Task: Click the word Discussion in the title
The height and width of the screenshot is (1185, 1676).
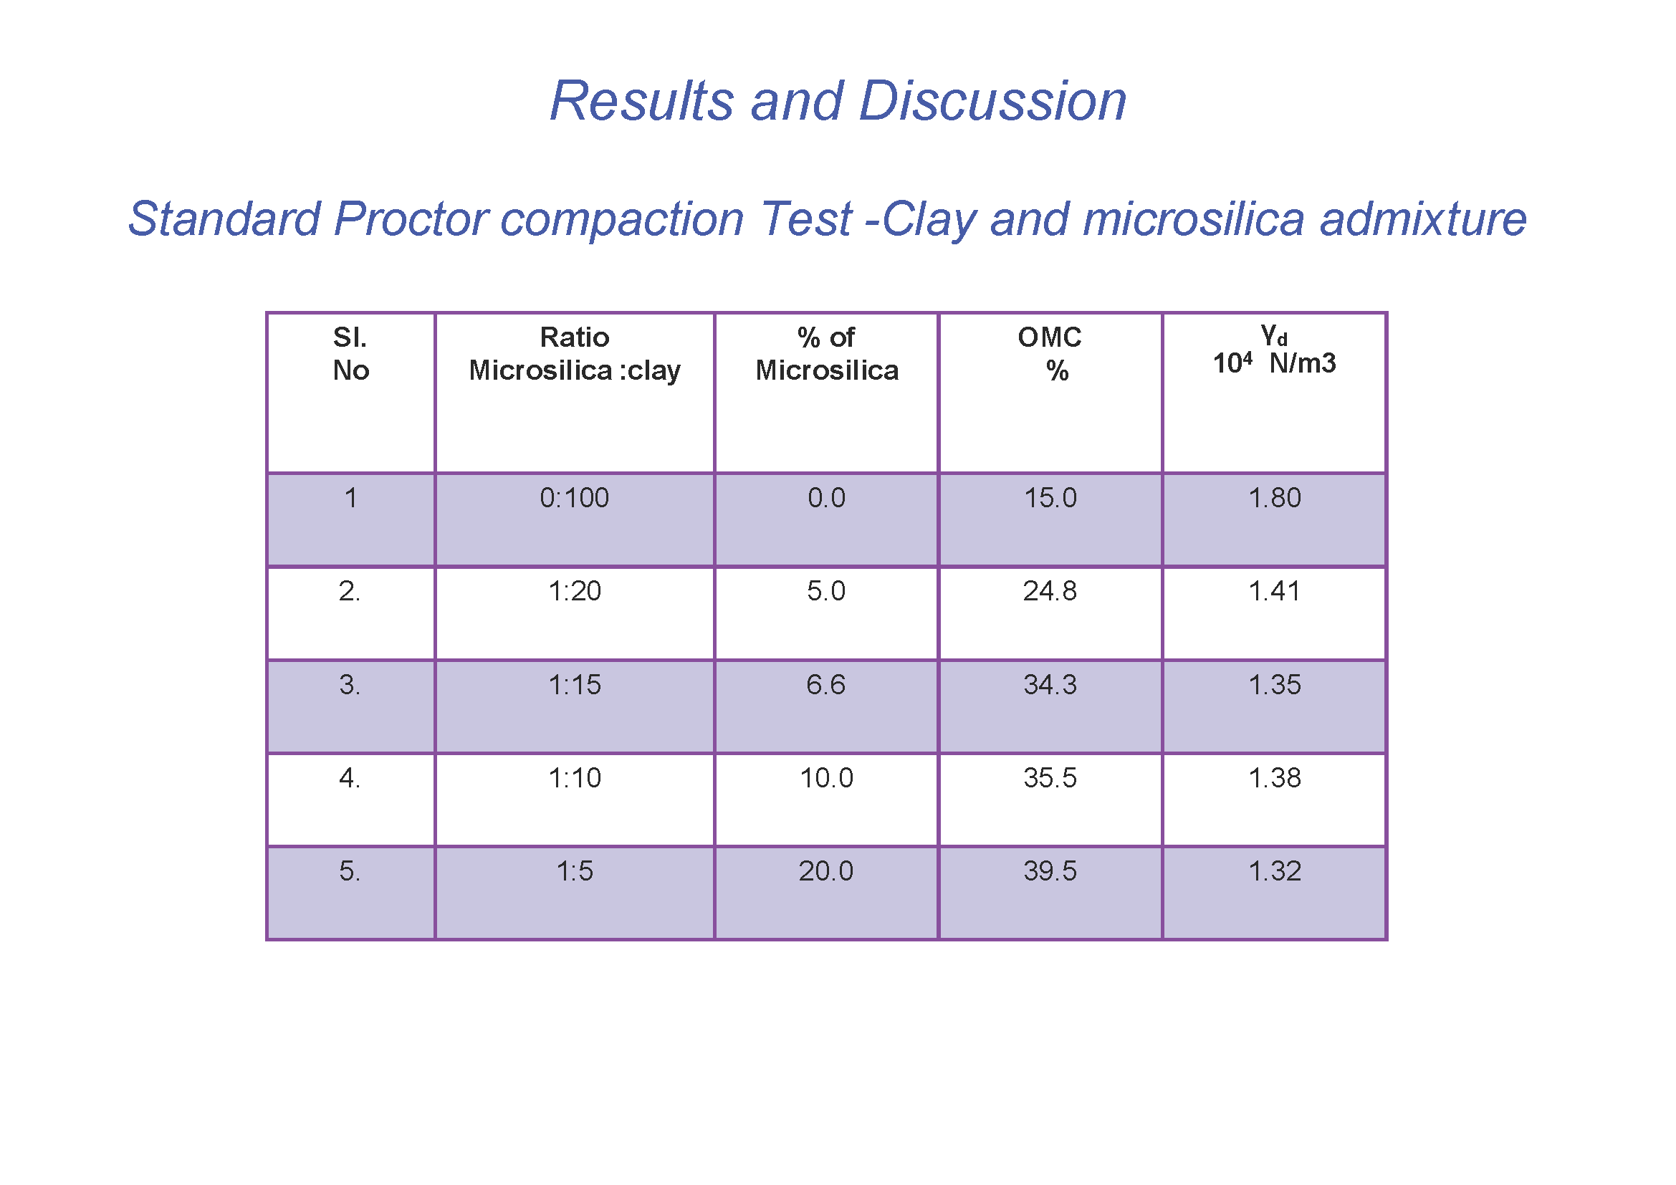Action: (x=992, y=101)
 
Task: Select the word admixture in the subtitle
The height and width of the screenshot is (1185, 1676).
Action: (x=1424, y=219)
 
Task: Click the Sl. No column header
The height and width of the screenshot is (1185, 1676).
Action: (x=350, y=354)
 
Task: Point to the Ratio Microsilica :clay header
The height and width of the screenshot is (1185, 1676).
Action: (x=575, y=354)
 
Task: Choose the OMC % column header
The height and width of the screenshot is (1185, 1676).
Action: (x=1050, y=354)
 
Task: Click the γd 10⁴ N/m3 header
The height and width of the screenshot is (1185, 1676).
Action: (x=1275, y=350)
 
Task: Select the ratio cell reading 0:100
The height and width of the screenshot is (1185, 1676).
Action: (x=575, y=498)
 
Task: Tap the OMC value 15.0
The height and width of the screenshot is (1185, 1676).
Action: (x=1050, y=498)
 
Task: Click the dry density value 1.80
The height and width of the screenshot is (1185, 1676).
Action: (x=1275, y=498)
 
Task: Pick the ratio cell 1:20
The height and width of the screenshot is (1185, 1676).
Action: (x=575, y=591)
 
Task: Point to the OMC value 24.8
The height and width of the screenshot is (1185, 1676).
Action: (x=1050, y=591)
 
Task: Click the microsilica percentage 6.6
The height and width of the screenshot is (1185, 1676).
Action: (x=825, y=684)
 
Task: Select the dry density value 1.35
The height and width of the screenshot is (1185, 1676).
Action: (x=1275, y=684)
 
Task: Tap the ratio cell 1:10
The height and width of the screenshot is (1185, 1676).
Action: (x=575, y=778)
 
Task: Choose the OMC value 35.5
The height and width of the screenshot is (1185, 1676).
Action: (x=1050, y=778)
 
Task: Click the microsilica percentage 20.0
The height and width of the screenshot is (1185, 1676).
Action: (x=825, y=871)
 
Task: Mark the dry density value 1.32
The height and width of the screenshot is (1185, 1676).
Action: (x=1275, y=871)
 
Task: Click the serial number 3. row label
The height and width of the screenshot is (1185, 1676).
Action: (x=350, y=684)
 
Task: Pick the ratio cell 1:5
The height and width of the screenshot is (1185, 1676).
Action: (x=575, y=871)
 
